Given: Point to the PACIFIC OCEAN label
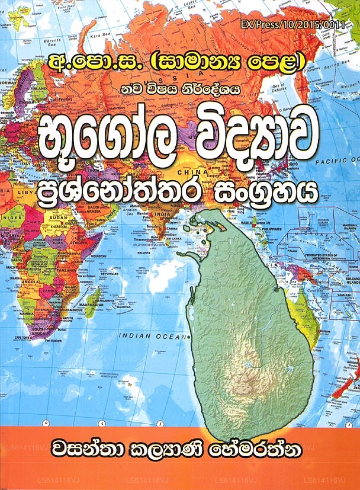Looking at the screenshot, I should [x=335, y=161].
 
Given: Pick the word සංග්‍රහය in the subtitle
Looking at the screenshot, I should [x=264, y=194].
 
